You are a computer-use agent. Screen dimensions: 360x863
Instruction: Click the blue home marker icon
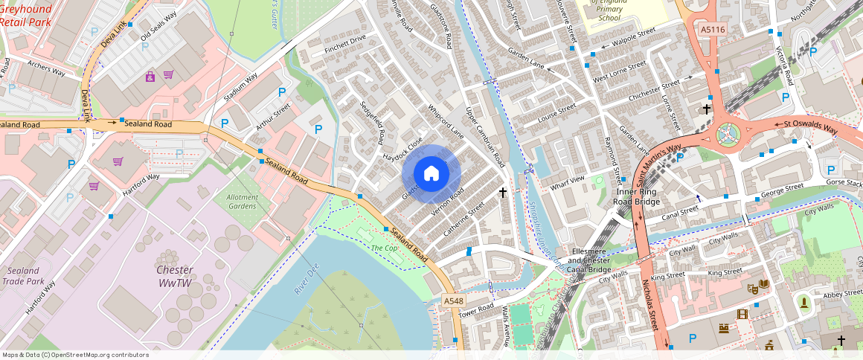(x=431, y=173)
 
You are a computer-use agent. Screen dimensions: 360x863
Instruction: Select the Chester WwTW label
(x=176, y=276)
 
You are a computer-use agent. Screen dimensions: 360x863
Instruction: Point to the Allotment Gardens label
(x=243, y=202)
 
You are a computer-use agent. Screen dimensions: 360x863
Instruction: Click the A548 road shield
(x=453, y=301)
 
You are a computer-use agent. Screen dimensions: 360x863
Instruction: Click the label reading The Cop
(x=385, y=248)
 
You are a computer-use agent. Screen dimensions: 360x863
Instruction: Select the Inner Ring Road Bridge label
(x=637, y=196)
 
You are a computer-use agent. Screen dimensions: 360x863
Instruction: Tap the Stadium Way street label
(x=240, y=87)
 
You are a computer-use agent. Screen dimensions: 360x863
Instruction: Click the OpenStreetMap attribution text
(x=75, y=355)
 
